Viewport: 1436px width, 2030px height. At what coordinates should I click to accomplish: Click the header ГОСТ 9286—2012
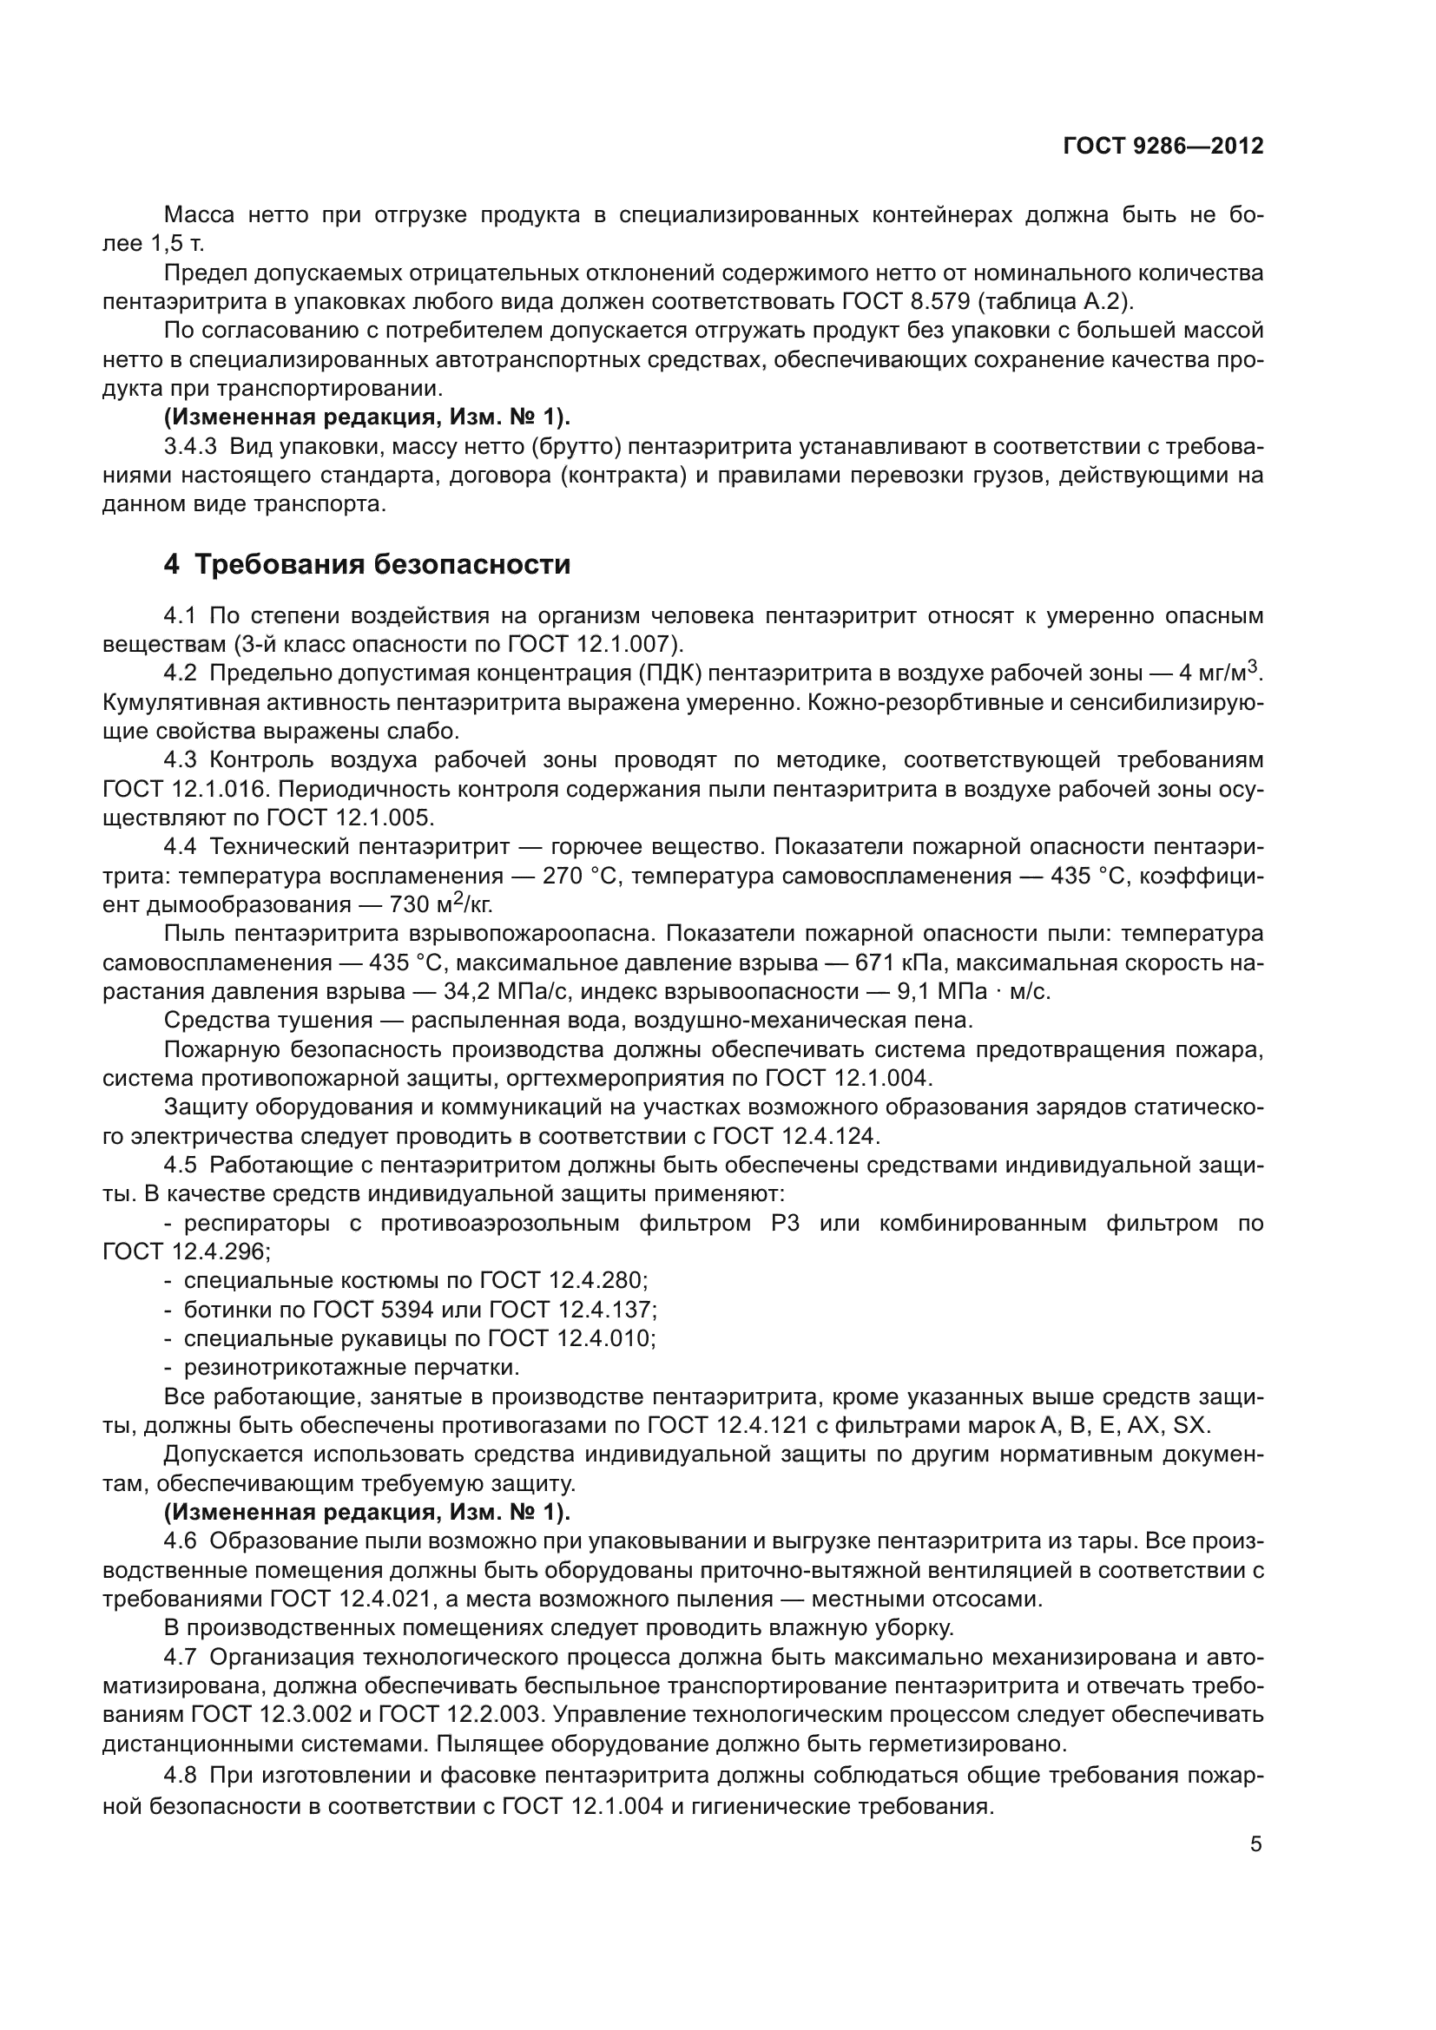1163,146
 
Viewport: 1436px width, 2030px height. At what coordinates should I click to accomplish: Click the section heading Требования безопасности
382,564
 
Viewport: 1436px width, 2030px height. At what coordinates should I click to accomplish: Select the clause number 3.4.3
190,446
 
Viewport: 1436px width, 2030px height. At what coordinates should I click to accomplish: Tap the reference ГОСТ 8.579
901,301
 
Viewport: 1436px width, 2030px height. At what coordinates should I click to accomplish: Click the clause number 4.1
181,615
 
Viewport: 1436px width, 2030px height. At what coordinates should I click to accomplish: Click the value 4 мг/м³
1217,673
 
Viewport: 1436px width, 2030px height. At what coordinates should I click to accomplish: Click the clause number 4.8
181,1776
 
